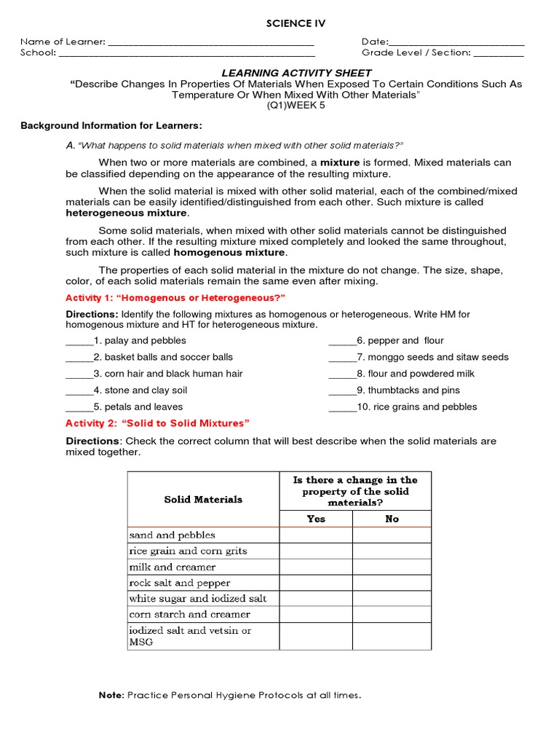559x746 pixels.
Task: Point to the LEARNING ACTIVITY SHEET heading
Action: coord(296,73)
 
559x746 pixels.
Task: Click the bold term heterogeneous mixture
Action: coord(127,213)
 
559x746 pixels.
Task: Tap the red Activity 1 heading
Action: coord(175,298)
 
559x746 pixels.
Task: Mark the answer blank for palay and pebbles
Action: coord(79,342)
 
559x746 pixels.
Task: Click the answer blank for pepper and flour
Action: coord(342,342)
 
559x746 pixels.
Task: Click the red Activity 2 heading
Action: coord(157,423)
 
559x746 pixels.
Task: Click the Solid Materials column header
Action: coord(203,499)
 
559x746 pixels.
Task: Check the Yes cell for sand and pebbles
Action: coord(316,535)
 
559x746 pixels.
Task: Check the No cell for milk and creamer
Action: coord(392,567)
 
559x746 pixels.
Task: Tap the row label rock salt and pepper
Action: coord(180,583)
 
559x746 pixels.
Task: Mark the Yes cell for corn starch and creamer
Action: coord(316,615)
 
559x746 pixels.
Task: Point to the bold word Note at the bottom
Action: coord(111,695)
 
